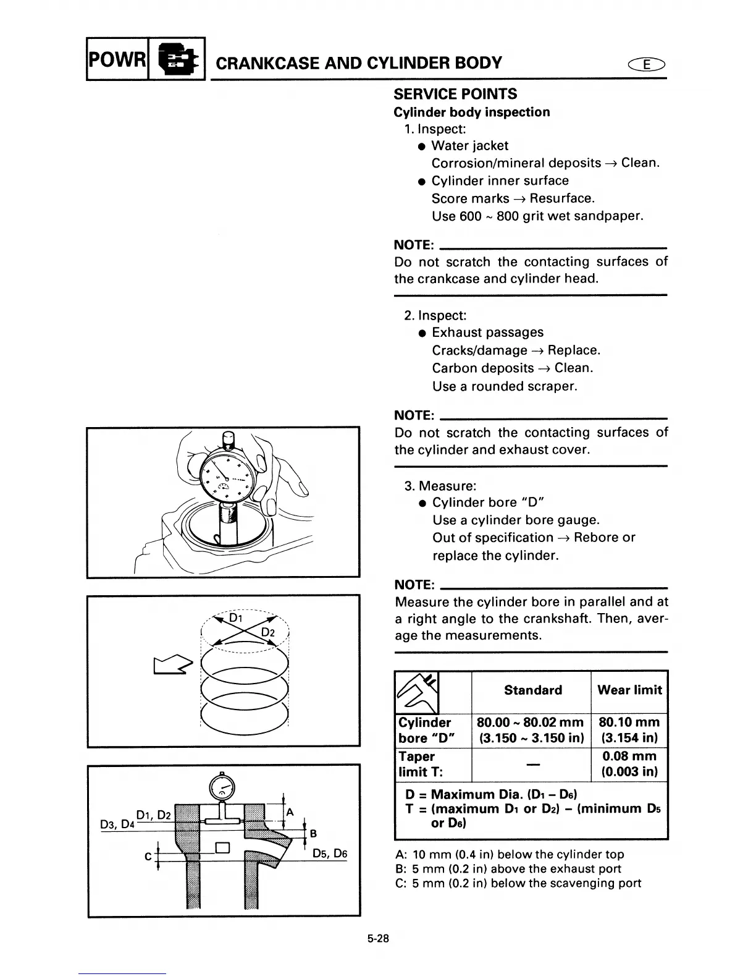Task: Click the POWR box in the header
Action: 117,60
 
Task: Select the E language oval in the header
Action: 646,64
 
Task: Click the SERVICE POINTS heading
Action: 455,95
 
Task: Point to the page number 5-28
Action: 377,939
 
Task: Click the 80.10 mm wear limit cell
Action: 629,730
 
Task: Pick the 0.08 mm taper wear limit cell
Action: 629,764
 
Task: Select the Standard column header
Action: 532,690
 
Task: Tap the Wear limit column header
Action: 629,690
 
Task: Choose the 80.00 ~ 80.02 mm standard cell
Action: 531,730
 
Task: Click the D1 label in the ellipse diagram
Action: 236,618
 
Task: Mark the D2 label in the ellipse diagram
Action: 267,633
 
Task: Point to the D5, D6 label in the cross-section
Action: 330,854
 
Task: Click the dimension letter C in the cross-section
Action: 148,857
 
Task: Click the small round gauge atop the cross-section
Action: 221,787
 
